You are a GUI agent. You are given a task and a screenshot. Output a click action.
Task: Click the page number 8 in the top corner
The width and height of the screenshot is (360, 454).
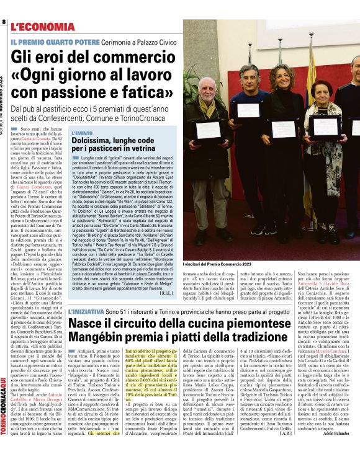4,23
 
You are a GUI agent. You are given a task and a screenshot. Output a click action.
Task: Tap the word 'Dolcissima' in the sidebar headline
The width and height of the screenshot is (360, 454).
97,142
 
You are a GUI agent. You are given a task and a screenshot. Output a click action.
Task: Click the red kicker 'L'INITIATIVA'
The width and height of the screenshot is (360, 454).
86,310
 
